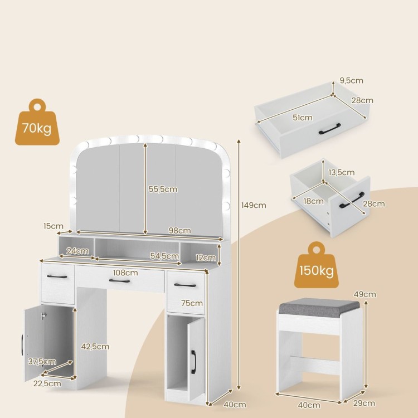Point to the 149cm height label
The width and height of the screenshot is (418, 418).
(x=254, y=205)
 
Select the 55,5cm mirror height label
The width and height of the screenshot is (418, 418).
(x=163, y=189)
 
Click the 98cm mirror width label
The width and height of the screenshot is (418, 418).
(x=179, y=231)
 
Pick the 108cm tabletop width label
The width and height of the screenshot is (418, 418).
(x=125, y=273)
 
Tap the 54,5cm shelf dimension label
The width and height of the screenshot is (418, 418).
(x=164, y=256)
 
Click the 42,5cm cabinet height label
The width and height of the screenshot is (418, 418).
(x=95, y=347)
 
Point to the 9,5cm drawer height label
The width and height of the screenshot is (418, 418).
(x=351, y=80)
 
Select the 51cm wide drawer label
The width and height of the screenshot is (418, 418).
(x=303, y=118)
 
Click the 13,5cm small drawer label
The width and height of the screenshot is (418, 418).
(x=341, y=172)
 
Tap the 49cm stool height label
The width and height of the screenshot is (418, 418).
(x=364, y=294)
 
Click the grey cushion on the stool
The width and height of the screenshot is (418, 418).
(x=319, y=307)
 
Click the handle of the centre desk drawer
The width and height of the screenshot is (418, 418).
(x=119, y=281)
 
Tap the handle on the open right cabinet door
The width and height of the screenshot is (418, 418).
(x=193, y=362)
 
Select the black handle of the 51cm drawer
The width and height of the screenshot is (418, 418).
(x=330, y=129)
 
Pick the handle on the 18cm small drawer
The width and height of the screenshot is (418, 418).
(x=352, y=200)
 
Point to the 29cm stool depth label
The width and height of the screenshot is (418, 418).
(x=364, y=403)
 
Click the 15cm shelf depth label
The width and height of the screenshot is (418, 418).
(x=54, y=226)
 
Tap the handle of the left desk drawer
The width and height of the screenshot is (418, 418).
(x=57, y=276)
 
